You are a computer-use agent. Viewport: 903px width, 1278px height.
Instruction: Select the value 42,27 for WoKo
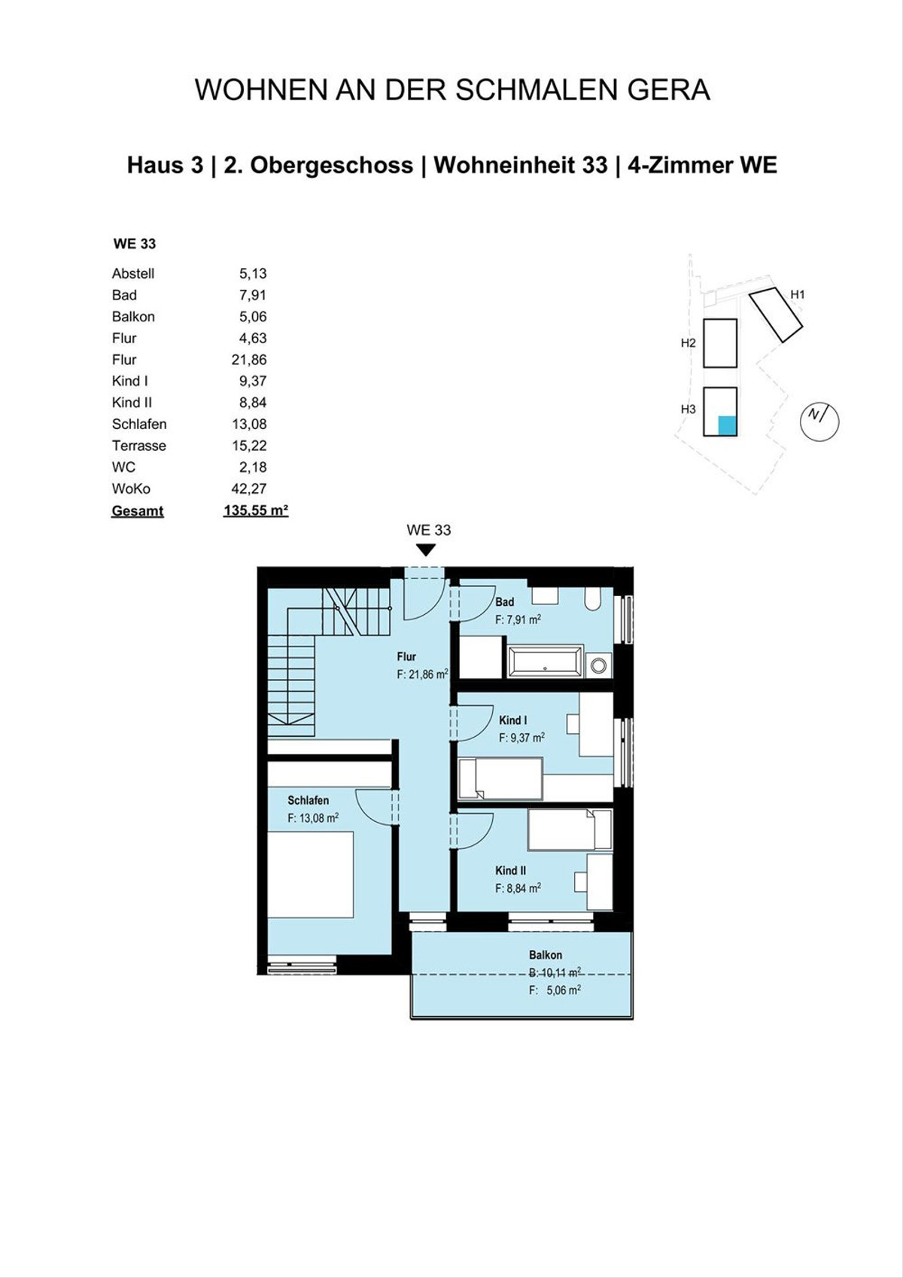253,488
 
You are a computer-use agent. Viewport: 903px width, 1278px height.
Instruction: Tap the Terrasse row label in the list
138,446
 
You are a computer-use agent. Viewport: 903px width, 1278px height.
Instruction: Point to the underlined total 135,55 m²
256,510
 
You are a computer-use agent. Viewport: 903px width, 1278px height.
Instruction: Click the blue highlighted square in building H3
726,425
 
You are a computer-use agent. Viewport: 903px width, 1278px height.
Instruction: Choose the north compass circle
819,421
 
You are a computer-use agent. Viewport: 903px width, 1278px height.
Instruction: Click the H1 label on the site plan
797,294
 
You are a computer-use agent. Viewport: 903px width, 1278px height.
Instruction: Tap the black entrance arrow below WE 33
426,549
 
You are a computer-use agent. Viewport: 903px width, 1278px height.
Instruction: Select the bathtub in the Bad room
546,661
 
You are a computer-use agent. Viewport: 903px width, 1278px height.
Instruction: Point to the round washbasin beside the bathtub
598,665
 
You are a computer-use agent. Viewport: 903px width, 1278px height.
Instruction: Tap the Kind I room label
512,720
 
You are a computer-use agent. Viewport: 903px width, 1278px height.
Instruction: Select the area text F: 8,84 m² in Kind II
518,888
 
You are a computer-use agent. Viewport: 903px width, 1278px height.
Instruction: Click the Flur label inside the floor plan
406,656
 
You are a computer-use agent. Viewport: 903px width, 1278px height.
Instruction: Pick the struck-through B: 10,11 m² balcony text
555,973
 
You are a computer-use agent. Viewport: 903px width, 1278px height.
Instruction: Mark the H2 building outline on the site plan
720,343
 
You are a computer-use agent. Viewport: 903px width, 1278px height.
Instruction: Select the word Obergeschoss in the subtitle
331,166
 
